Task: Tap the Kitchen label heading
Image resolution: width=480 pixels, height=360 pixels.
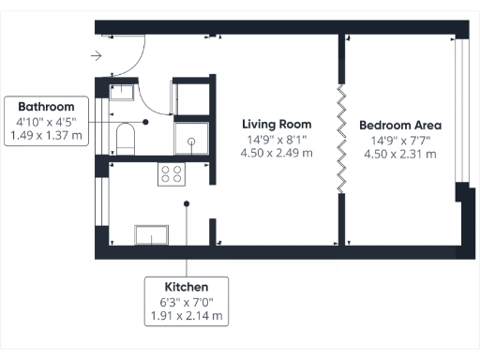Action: (x=186, y=286)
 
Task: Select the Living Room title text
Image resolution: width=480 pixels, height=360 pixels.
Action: (x=277, y=125)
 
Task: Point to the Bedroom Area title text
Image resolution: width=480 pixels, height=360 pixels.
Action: (x=400, y=125)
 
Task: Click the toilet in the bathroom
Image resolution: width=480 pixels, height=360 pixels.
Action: (x=125, y=141)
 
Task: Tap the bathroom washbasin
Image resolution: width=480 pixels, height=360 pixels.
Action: (x=123, y=92)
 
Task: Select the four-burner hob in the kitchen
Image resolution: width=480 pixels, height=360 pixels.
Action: (x=172, y=173)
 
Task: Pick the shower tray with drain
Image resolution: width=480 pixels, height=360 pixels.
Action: (x=191, y=140)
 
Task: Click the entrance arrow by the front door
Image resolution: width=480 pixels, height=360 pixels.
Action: (x=97, y=56)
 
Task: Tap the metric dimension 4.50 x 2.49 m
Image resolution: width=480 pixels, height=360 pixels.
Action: (x=277, y=154)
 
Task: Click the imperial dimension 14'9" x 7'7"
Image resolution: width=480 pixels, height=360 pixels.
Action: (x=400, y=141)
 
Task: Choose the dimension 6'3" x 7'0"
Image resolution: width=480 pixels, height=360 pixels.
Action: (x=186, y=301)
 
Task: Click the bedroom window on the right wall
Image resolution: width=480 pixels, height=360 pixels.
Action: (x=458, y=112)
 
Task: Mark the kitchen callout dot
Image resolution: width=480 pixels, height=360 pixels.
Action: (x=187, y=202)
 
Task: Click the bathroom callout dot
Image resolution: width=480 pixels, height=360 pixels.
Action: (x=146, y=121)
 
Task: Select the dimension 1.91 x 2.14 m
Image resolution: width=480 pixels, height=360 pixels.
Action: (x=186, y=316)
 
